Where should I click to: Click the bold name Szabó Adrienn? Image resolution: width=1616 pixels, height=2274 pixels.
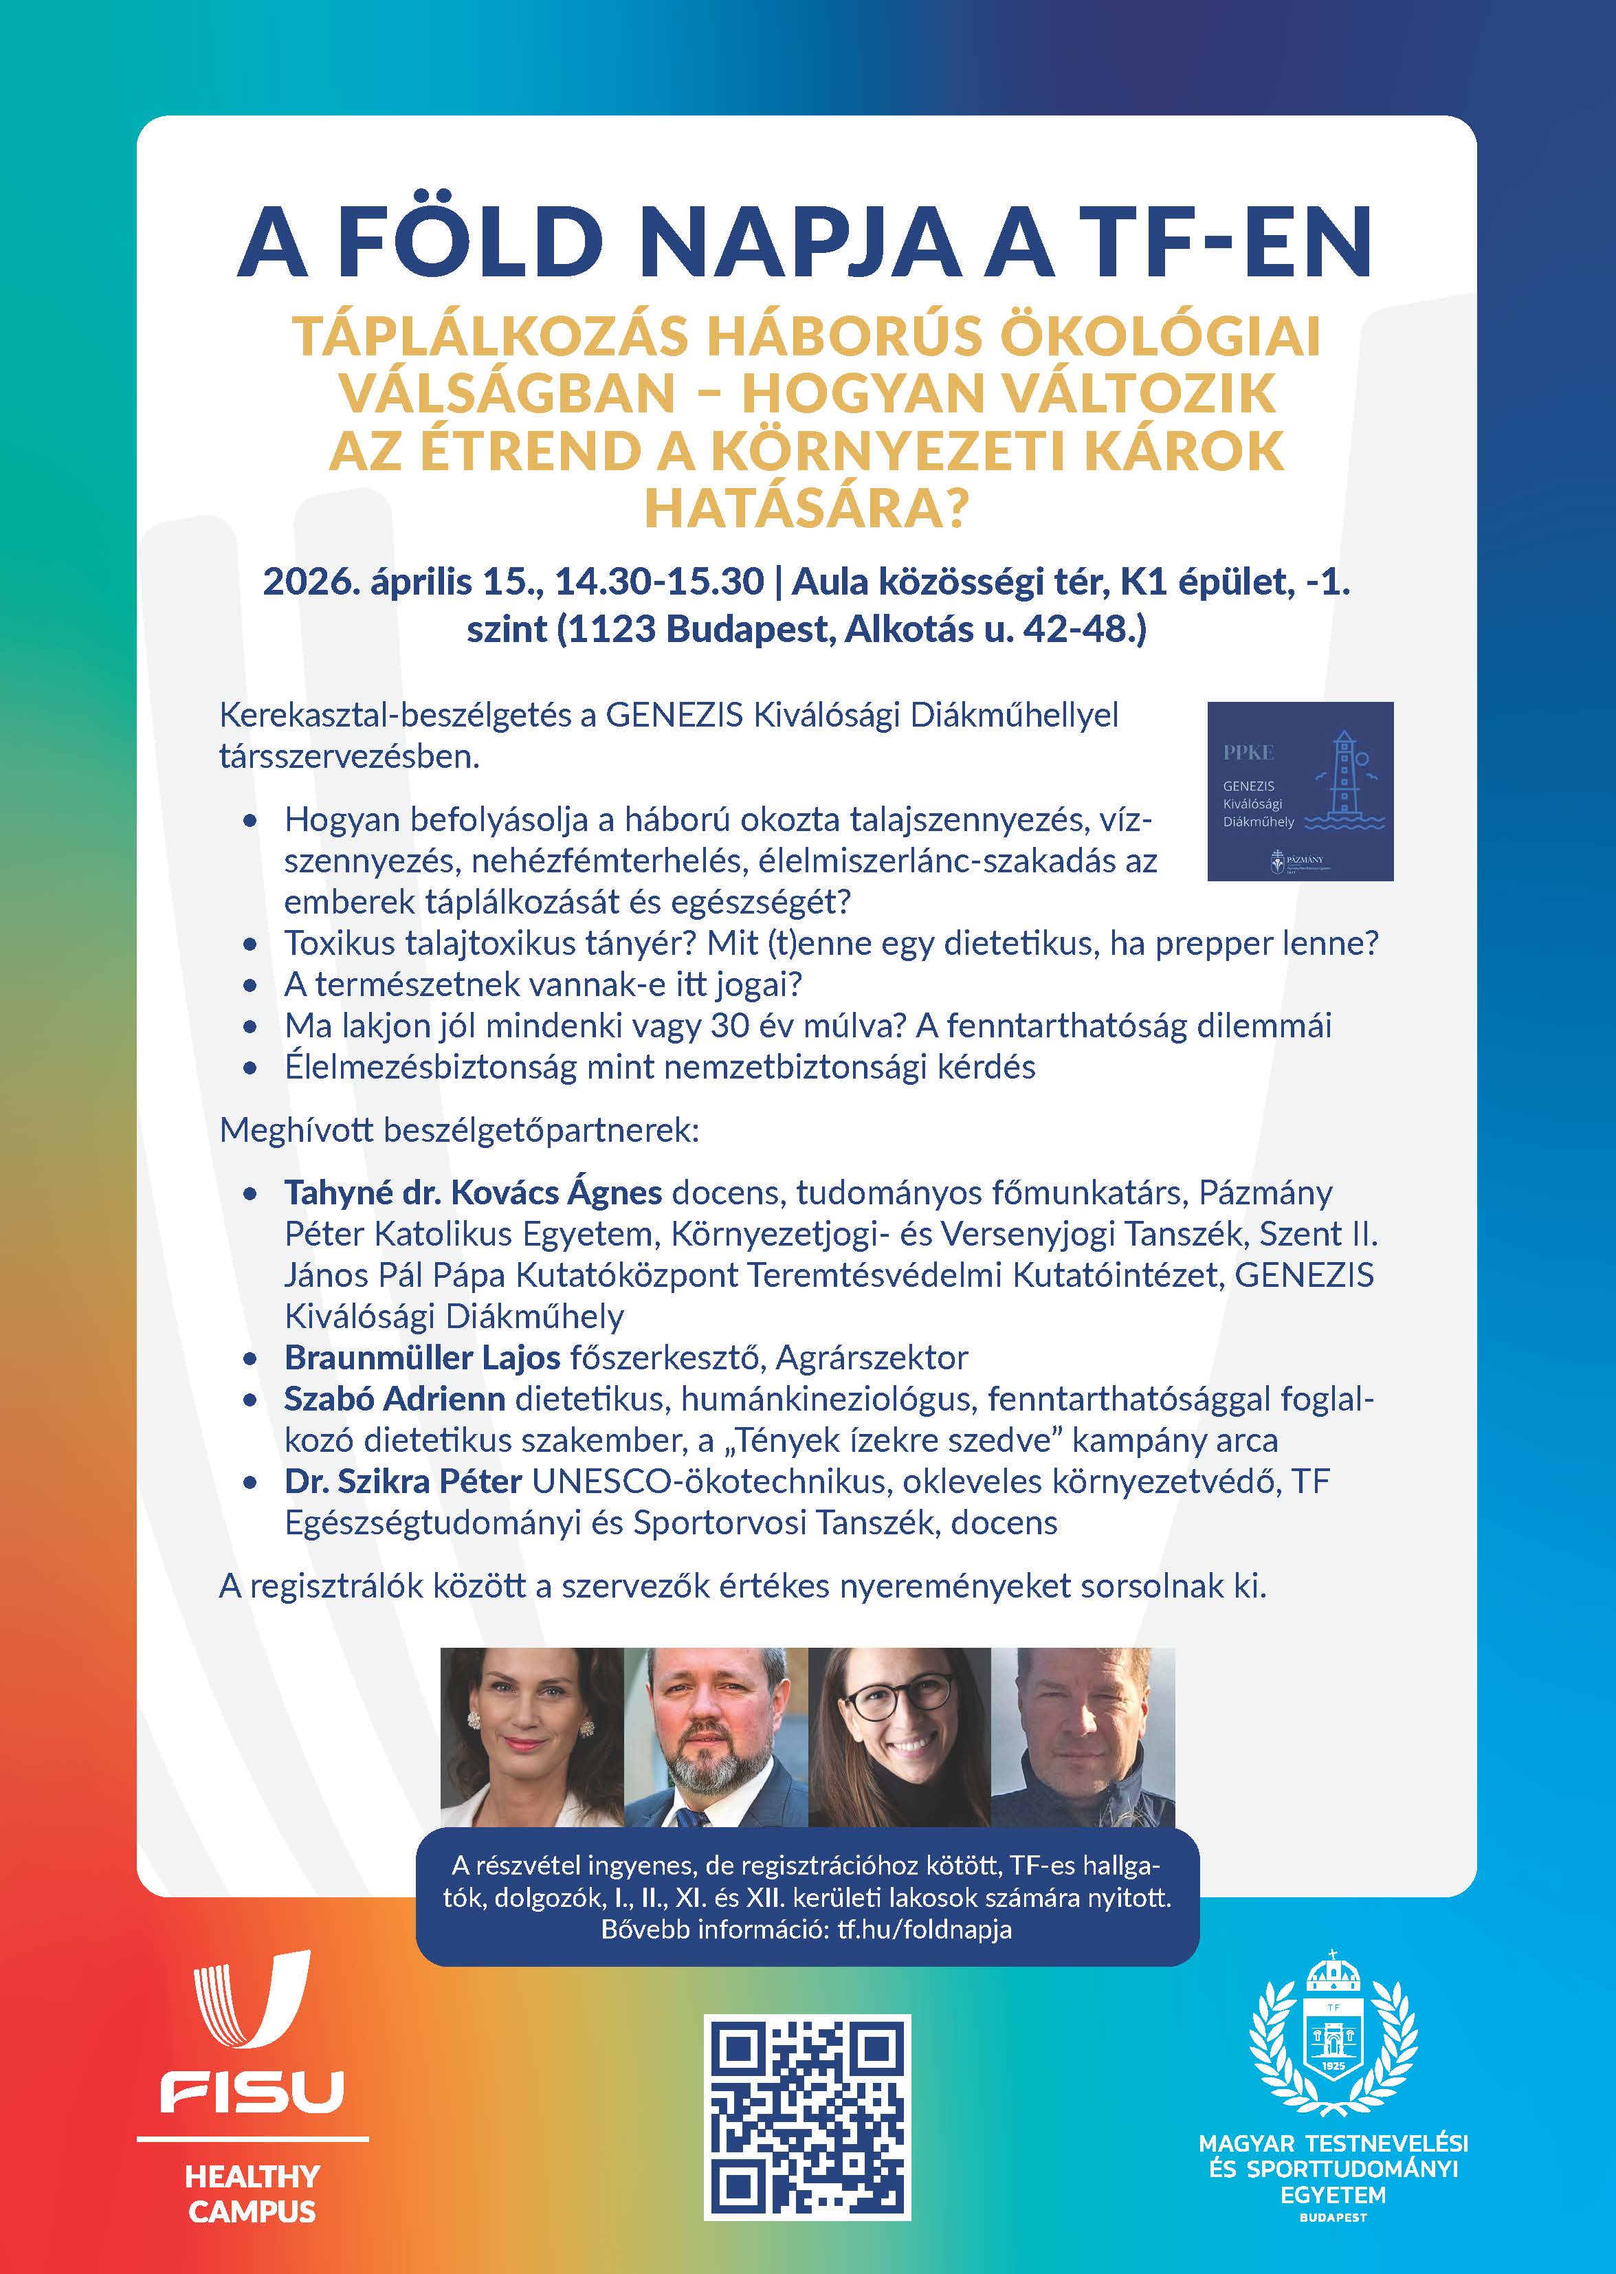(x=394, y=1398)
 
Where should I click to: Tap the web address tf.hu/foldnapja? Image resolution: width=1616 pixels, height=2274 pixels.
(x=925, y=1929)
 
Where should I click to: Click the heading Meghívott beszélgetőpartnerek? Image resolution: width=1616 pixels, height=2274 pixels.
(x=458, y=1131)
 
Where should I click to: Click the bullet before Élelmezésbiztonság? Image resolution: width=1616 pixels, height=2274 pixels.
(x=251, y=1068)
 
